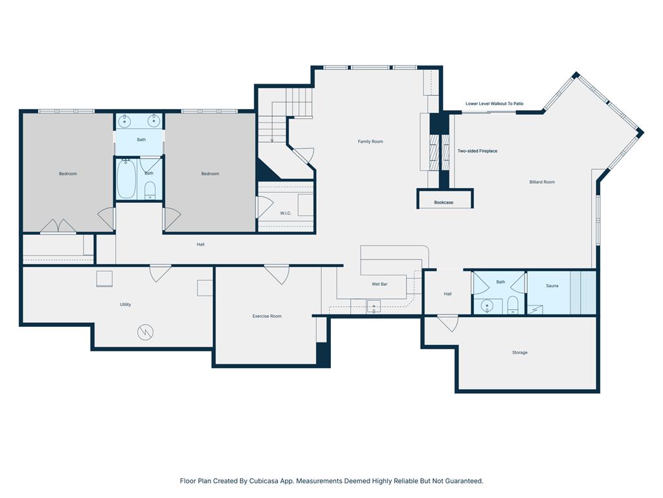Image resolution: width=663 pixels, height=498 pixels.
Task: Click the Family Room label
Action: pyautogui.click(x=370, y=141)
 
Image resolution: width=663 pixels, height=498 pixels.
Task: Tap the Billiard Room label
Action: pyautogui.click(x=542, y=182)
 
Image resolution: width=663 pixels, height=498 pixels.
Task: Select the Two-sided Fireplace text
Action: pyautogui.click(x=477, y=150)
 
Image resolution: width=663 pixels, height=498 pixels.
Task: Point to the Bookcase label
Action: pyautogui.click(x=444, y=202)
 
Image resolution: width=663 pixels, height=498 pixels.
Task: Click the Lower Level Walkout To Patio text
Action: pyautogui.click(x=494, y=103)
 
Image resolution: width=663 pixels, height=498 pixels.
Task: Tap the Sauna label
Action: pyautogui.click(x=552, y=286)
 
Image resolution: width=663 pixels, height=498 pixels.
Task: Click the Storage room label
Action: pyautogui.click(x=520, y=352)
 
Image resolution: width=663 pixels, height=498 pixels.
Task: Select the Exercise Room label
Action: pyautogui.click(x=267, y=316)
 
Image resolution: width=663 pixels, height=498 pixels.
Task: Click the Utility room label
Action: pyautogui.click(x=125, y=305)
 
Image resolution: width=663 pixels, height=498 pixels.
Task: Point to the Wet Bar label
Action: pyautogui.click(x=379, y=284)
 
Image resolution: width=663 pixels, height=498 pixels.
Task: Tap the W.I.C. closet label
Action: pyautogui.click(x=286, y=213)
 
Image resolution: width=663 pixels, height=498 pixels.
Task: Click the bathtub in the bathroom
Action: pyautogui.click(x=126, y=179)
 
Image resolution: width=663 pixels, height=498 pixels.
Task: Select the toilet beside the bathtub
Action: pyautogui.click(x=150, y=190)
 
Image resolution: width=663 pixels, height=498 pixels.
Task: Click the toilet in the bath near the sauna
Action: pyautogui.click(x=513, y=305)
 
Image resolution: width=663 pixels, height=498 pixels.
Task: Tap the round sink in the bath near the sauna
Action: pyautogui.click(x=487, y=305)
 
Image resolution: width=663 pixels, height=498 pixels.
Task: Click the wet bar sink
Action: pyautogui.click(x=374, y=306)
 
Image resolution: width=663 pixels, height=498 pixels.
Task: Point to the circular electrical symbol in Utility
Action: pyautogui.click(x=145, y=332)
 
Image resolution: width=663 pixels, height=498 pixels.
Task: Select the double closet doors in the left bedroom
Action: pyautogui.click(x=58, y=226)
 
